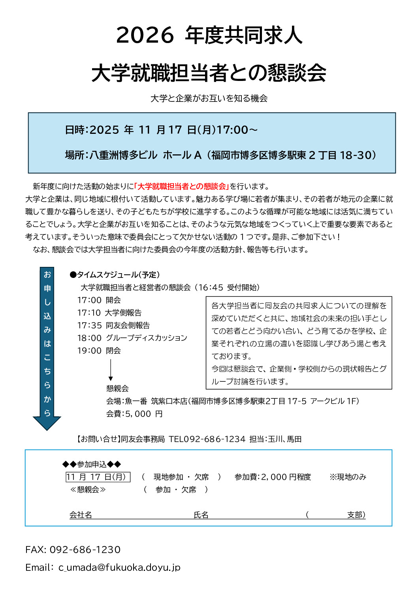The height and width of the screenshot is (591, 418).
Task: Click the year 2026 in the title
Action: click(145, 35)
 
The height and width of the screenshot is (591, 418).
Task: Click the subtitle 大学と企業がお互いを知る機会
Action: click(209, 98)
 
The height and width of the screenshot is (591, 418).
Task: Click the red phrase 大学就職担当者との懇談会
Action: click(182, 186)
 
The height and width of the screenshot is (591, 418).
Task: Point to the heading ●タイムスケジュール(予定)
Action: click(115, 275)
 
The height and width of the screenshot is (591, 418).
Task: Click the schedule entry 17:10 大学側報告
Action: click(109, 313)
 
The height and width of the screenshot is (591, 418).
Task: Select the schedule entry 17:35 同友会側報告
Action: click(114, 325)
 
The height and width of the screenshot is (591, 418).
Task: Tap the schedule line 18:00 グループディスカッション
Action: click(132, 338)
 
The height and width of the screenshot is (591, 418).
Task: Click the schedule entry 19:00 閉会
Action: click(99, 351)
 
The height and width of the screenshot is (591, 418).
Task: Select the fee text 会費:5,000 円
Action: click(134, 414)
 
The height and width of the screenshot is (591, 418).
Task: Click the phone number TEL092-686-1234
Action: click(207, 439)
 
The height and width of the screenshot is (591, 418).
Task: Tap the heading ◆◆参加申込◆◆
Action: click(92, 464)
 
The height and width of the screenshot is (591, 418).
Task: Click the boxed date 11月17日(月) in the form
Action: click(98, 477)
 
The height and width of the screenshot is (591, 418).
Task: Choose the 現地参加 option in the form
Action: click(168, 477)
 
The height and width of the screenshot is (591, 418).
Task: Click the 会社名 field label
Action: click(81, 515)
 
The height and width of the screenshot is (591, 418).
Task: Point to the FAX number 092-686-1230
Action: click(85, 550)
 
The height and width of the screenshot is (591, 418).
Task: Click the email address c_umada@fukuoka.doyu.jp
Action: click(119, 567)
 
